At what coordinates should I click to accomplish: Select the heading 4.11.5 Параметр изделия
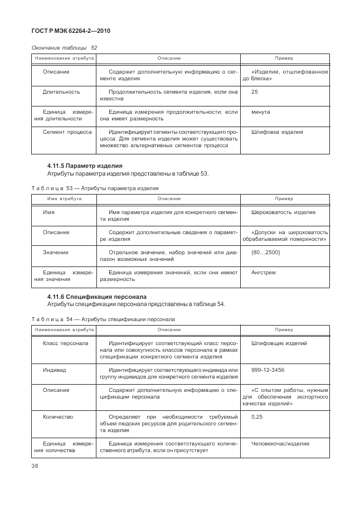click(85, 166)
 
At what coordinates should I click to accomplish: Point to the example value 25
click(255, 91)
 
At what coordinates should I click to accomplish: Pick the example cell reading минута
click(260, 112)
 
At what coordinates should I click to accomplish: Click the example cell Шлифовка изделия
click(277, 133)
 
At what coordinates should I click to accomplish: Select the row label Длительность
click(61, 91)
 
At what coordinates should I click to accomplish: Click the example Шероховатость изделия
click(283, 212)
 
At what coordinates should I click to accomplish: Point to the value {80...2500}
click(266, 253)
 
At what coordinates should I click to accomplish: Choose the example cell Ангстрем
click(264, 273)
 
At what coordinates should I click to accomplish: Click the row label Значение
click(56, 253)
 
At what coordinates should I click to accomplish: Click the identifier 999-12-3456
click(267, 370)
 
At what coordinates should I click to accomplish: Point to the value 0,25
click(257, 416)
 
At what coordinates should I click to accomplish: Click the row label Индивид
click(55, 370)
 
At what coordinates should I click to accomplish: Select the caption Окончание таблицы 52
click(65, 48)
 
